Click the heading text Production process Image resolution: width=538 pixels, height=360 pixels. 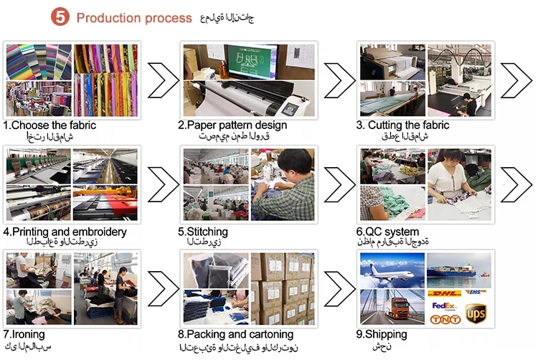[134, 18]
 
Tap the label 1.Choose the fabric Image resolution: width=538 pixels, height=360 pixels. [49, 125]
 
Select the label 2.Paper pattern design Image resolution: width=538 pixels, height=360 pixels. [232, 125]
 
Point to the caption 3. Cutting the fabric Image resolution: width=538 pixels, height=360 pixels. [403, 125]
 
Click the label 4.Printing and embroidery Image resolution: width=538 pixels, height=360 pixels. [65, 232]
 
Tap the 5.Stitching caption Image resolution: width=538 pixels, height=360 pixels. [203, 232]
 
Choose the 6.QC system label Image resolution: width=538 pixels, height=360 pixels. [387, 232]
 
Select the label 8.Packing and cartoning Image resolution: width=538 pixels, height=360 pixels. [236, 334]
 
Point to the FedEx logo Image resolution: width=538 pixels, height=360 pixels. [442, 305]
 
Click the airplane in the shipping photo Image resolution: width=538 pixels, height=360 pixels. [391, 268]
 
